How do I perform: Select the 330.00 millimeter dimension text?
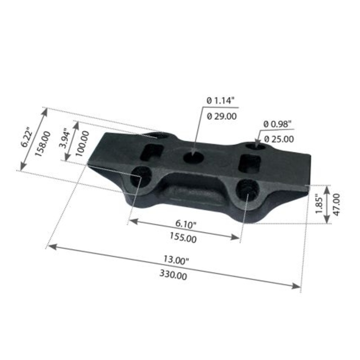point(173,274)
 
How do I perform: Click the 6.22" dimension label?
point(27,138)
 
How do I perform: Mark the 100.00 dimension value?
point(82,143)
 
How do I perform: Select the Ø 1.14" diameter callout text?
point(221,101)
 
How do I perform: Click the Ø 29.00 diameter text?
point(221,116)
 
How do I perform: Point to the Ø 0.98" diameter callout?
point(278,123)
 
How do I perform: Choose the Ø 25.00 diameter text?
point(279,139)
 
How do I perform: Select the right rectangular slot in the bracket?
point(248,163)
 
